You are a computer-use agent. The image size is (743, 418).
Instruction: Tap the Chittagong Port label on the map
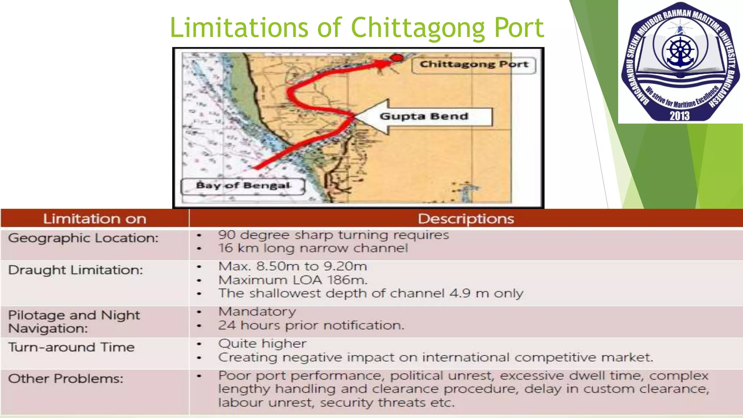473,65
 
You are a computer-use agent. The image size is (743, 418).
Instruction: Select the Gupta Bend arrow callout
423,117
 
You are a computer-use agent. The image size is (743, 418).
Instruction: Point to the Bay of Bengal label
243,186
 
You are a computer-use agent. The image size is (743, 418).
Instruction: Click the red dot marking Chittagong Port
397,58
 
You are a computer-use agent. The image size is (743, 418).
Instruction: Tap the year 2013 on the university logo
680,116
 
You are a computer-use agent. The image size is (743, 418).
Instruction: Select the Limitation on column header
95,219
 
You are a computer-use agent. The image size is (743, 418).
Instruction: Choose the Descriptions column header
466,219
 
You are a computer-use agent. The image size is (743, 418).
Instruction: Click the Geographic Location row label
83,238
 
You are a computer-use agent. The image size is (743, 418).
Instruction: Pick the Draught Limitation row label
75,270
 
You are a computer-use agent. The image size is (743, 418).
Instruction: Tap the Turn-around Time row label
71,347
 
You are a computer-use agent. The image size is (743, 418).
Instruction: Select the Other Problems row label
66,379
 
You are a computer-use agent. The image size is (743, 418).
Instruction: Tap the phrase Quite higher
262,344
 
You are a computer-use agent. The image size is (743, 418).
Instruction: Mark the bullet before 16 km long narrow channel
199,249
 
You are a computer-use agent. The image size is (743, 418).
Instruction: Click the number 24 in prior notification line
226,325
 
